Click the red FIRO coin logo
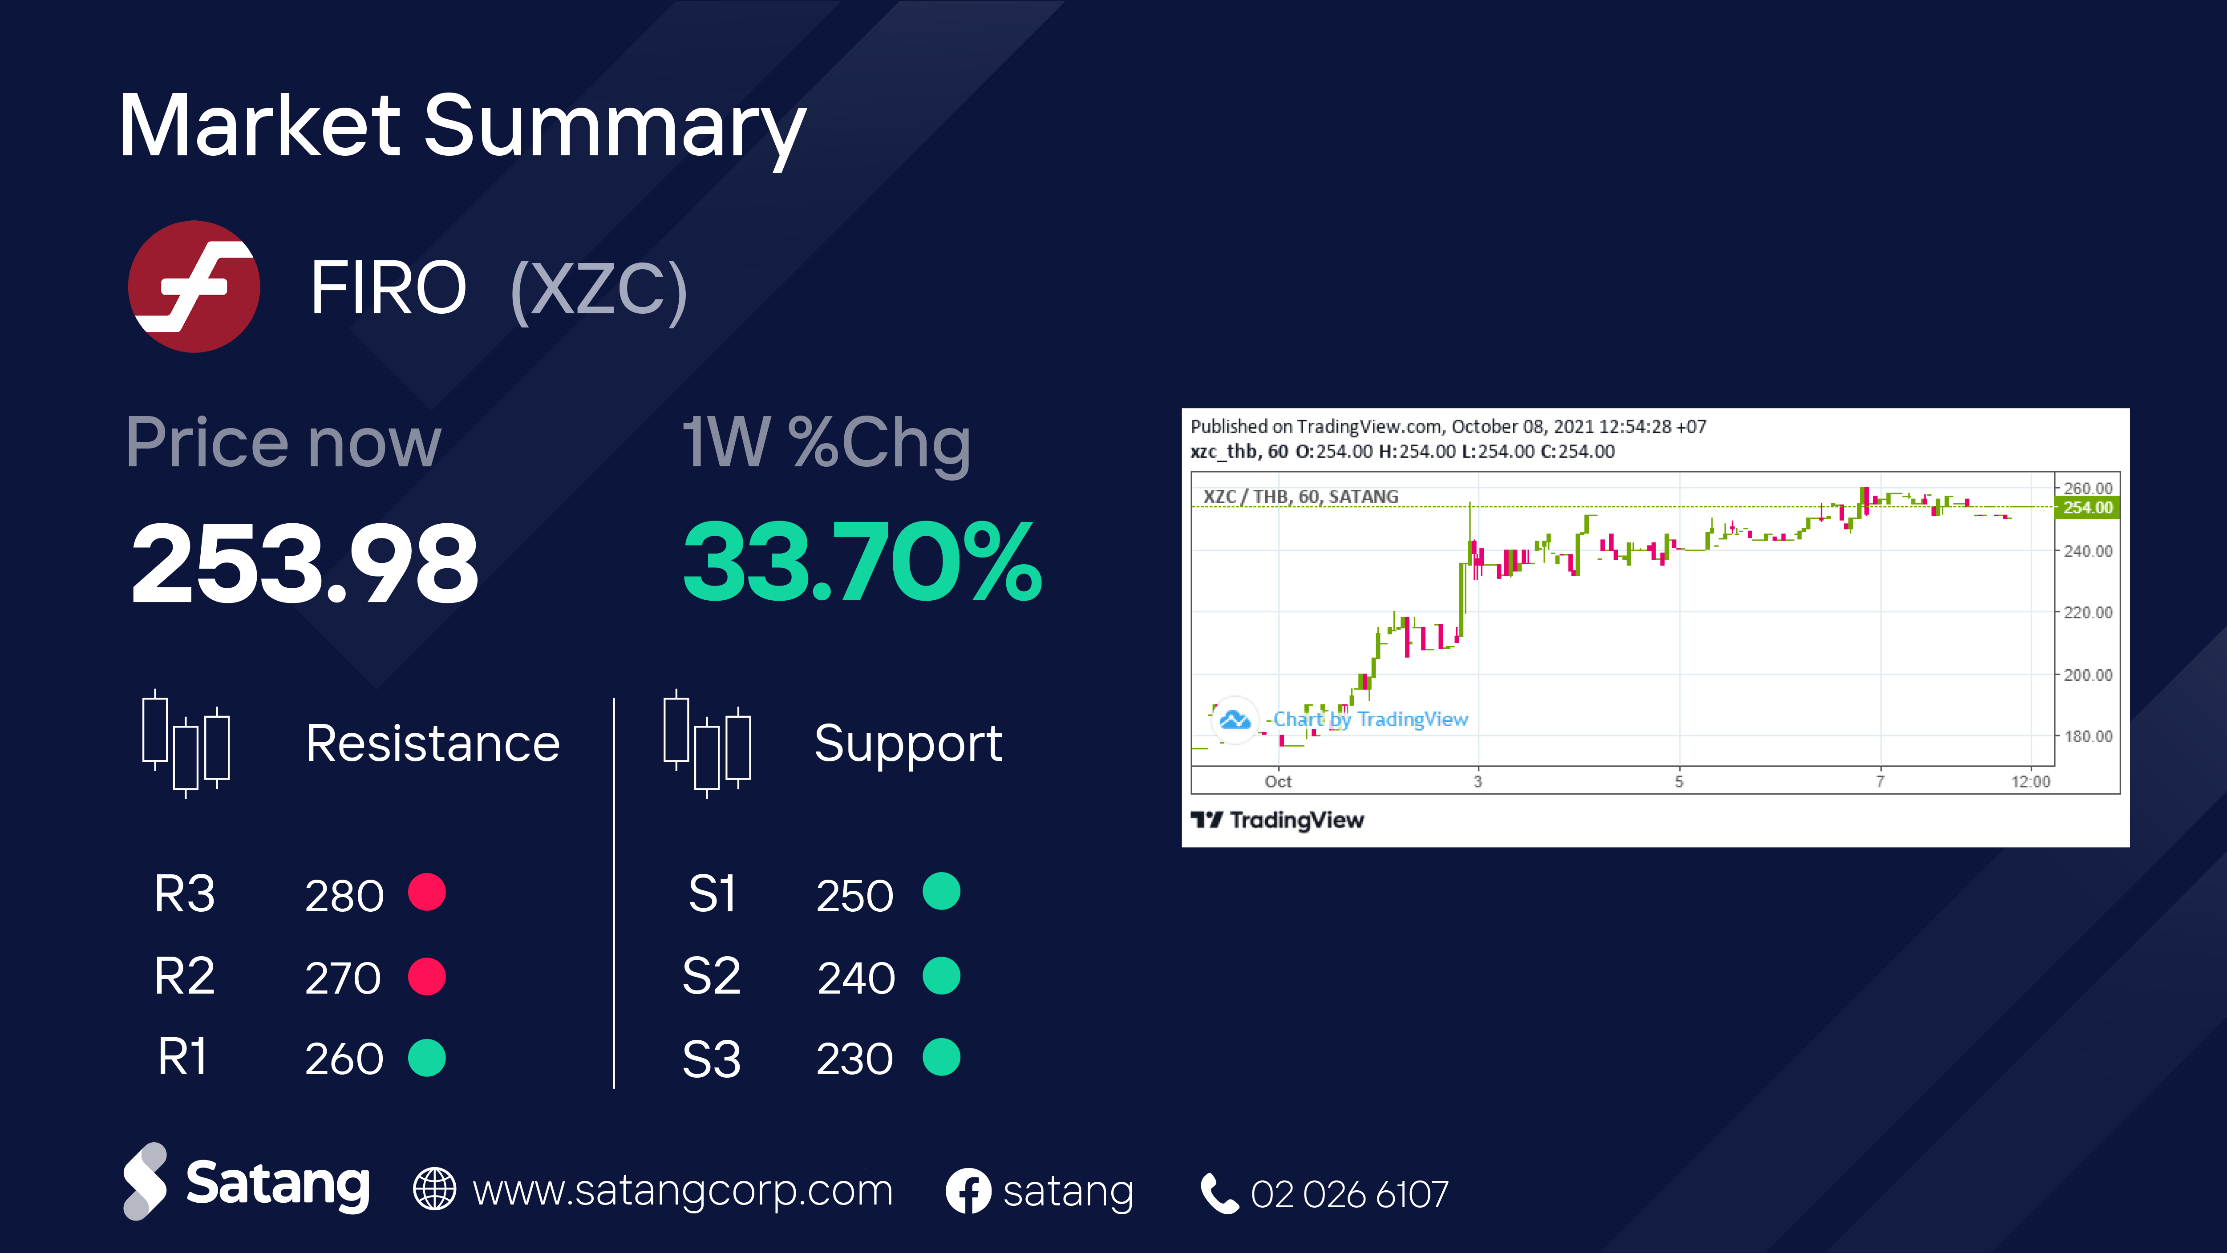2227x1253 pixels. pos(194,286)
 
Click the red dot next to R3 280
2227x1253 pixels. pos(427,892)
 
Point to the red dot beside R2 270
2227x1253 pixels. pos(427,977)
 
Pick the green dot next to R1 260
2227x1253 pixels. pos(427,1058)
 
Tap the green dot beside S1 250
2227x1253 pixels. pos(941,891)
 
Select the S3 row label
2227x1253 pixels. pos(712,1059)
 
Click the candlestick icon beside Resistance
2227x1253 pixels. pos(186,743)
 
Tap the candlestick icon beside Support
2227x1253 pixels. pos(707,743)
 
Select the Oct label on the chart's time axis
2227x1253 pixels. pos(1278,781)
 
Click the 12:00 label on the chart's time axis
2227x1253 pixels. pos(2030,781)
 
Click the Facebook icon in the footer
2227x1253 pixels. pos(968,1191)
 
